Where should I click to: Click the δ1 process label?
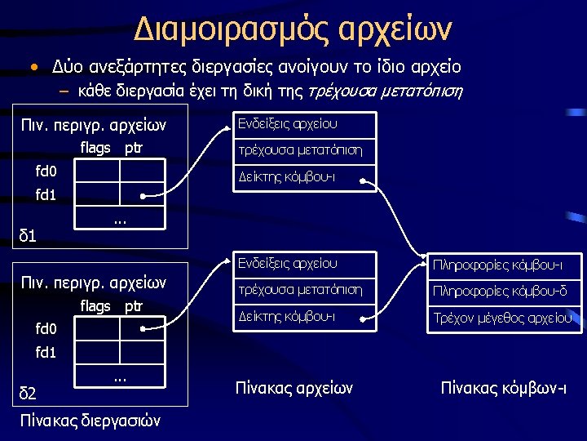click(28, 236)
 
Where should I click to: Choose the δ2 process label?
click(28, 395)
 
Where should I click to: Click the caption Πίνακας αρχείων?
click(293, 387)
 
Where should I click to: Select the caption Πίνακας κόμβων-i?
click(503, 387)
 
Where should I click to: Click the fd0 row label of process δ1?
click(46, 171)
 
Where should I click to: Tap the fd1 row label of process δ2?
click(46, 353)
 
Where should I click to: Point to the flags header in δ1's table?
click(95, 148)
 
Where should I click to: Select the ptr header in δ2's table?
click(133, 306)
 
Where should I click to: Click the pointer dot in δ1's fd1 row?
click(143, 196)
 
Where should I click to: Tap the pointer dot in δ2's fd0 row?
click(143, 329)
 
